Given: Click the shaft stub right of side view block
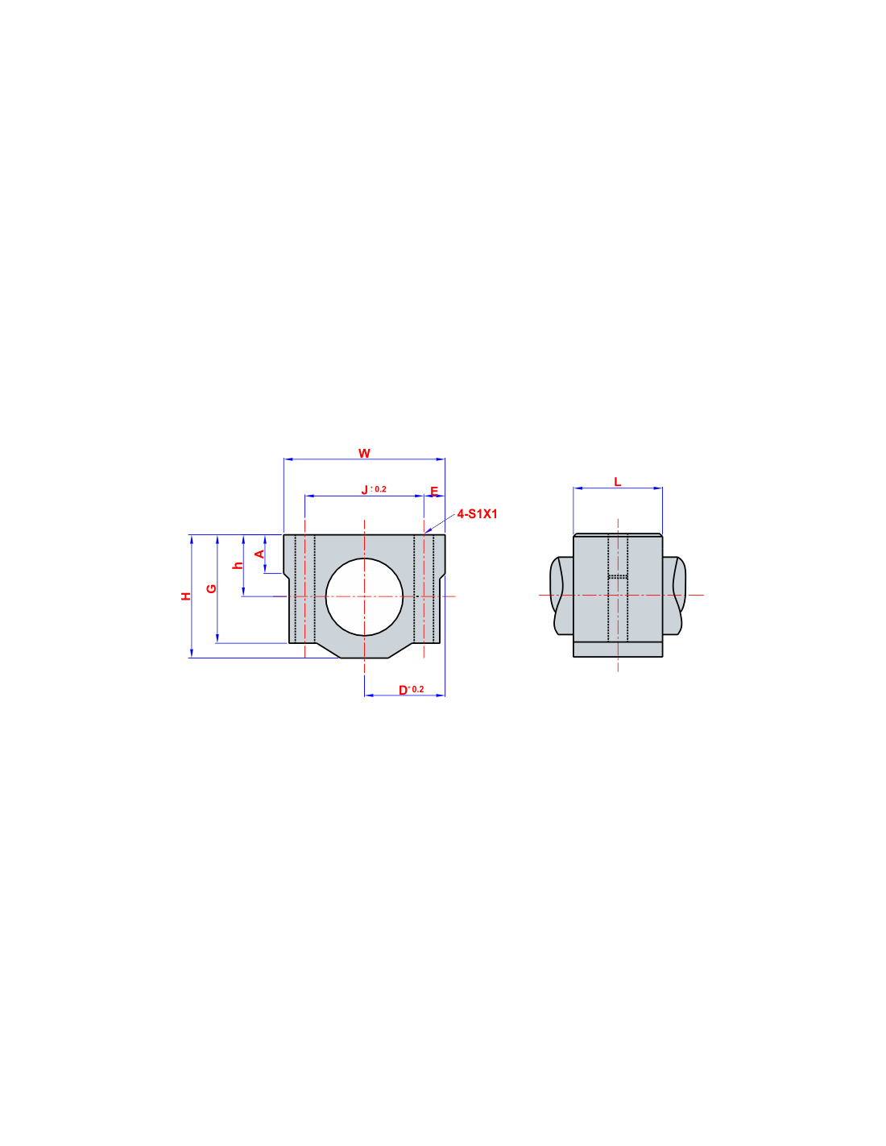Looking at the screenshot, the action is tap(674, 596).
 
